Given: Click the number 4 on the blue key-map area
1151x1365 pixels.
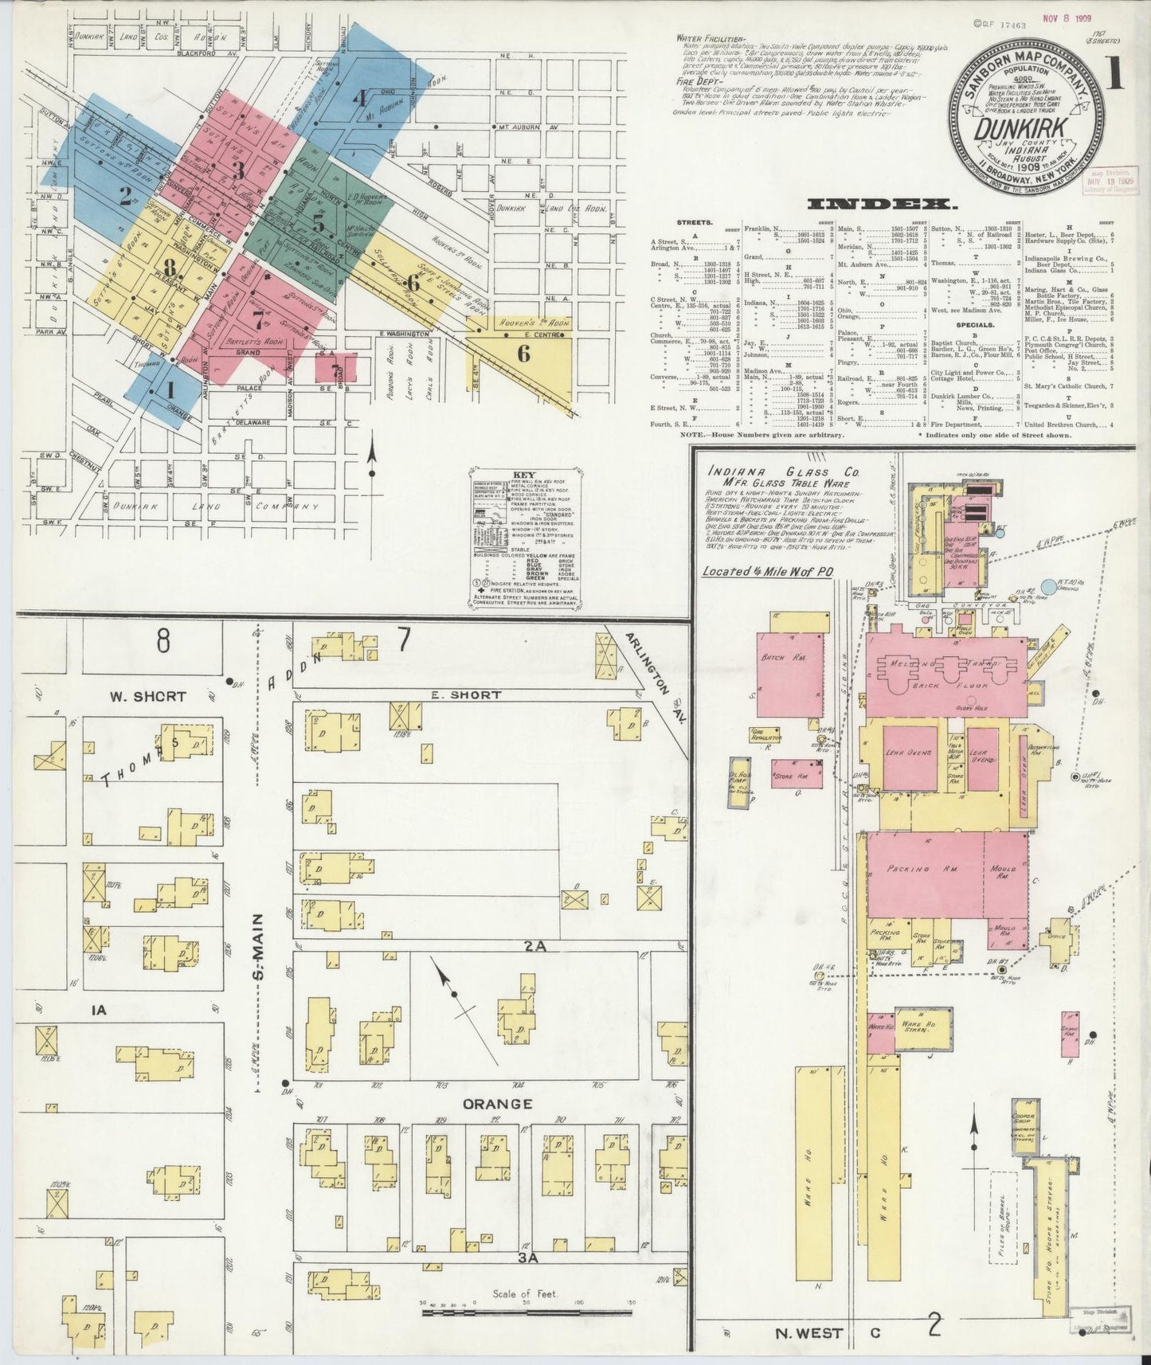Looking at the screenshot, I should click(x=360, y=100).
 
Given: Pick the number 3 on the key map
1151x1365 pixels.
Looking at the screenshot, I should click(x=237, y=170).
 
